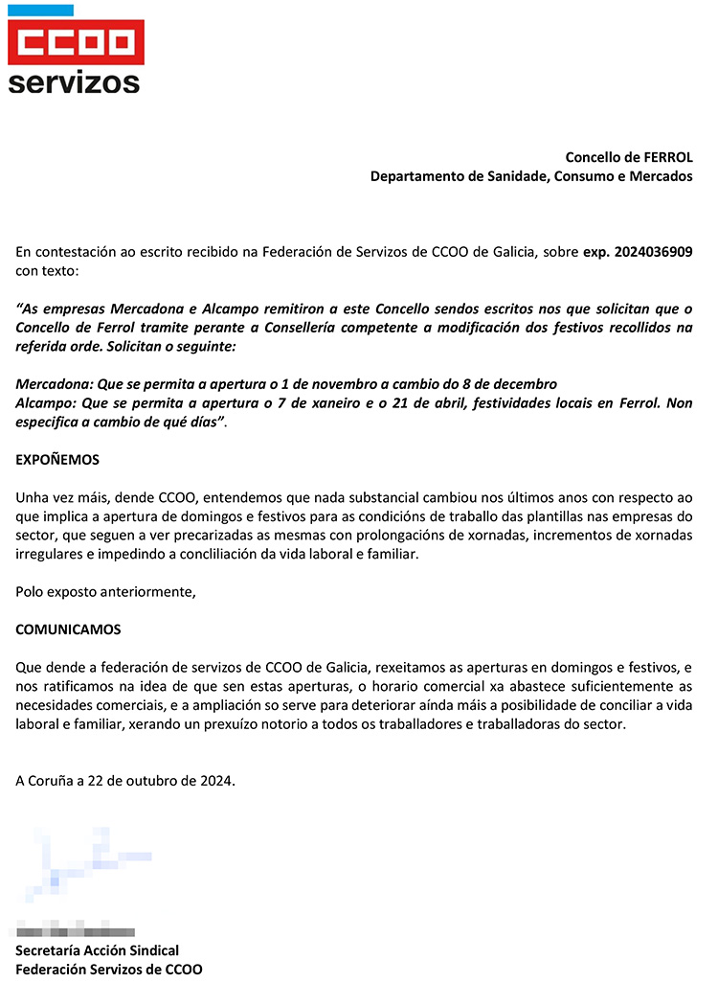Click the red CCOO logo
click(x=76, y=43)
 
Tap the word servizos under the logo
click(x=74, y=81)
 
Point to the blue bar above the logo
click(x=40, y=11)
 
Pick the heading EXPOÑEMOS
click(x=57, y=460)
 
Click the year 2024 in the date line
click(x=213, y=781)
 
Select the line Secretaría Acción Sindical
click(x=97, y=950)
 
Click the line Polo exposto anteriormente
click(x=105, y=592)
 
